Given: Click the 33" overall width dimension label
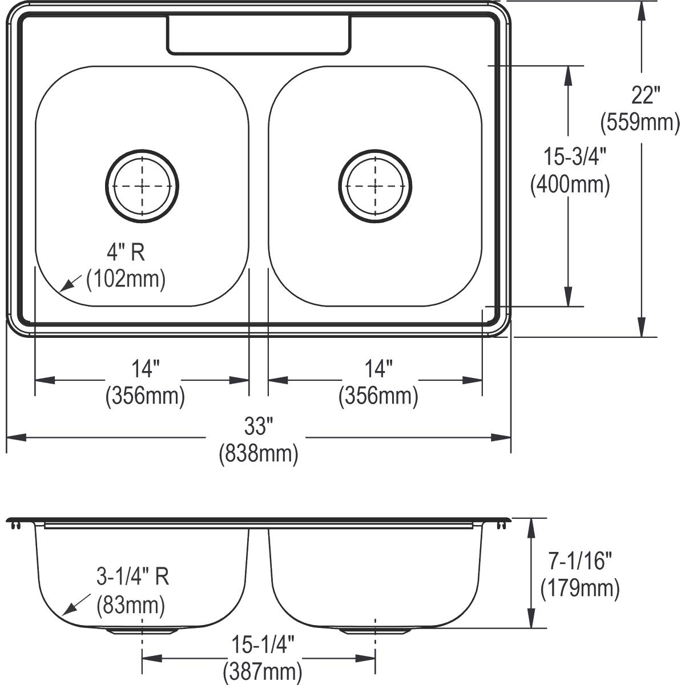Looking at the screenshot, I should click(259, 425).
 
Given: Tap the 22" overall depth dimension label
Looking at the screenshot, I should click(646, 95).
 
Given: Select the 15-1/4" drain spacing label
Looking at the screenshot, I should click(263, 645).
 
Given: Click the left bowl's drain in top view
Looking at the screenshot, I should click(142, 185).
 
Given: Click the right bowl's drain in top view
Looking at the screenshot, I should click(375, 185).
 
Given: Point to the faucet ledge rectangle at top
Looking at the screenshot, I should click(258, 35).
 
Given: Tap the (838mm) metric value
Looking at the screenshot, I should click(259, 454).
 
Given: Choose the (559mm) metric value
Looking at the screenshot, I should click(640, 122).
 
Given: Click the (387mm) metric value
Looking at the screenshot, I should click(263, 671).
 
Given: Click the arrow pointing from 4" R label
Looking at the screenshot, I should click(71, 283).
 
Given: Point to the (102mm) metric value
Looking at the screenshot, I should click(126, 279).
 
